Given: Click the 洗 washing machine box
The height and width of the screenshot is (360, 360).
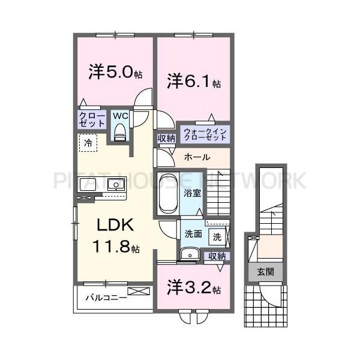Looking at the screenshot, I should coord(217,236).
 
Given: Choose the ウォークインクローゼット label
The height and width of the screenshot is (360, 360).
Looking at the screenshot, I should coord(204,133).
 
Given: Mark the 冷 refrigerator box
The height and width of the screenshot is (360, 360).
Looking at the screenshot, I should coord(88,143).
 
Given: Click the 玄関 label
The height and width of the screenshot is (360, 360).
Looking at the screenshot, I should coord(266,272).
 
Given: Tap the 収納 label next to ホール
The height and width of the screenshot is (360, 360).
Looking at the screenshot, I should coord(166,139).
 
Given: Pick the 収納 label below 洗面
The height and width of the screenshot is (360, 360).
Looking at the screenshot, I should coord(217,256).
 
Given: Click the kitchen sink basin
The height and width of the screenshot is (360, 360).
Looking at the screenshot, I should coord(115,184).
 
